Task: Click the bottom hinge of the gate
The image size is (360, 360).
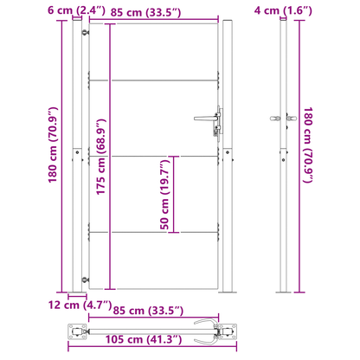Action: [85, 278]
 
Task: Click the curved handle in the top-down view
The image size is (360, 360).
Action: [208, 330]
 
